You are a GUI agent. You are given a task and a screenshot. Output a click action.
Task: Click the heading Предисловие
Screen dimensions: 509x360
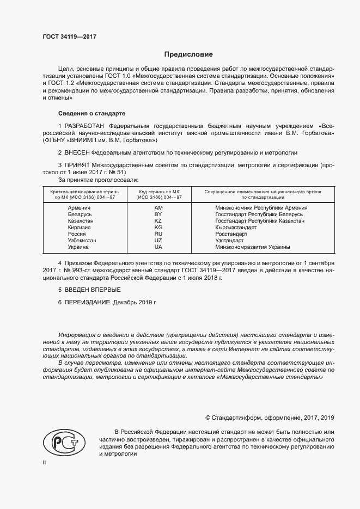pyautogui.click(x=188, y=54)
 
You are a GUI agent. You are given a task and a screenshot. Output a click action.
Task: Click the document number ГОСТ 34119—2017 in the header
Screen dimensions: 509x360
pyautogui.click(x=69, y=37)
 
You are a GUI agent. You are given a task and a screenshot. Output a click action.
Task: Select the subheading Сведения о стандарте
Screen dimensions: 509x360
pyautogui.click(x=91, y=113)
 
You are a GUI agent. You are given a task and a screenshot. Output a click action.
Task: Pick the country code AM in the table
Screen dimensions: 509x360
pyautogui.click(x=158, y=208)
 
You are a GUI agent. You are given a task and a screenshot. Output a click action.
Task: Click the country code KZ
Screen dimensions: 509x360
pyautogui.click(x=158, y=221)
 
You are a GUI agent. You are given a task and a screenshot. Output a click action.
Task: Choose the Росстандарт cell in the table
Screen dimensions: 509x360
pyautogui.click(x=231, y=234)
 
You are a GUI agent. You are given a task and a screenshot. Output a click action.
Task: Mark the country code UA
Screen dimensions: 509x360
pyautogui.click(x=158, y=247)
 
